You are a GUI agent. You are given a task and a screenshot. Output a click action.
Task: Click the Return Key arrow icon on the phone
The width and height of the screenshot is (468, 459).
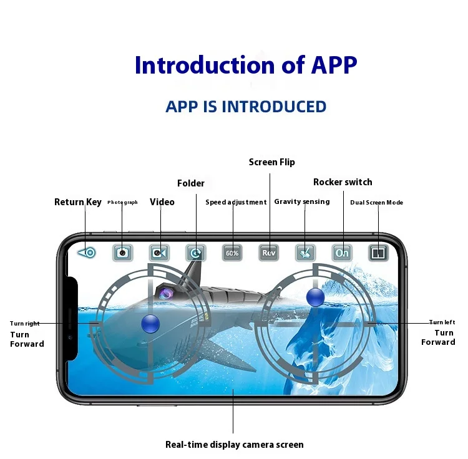pyautogui.click(x=87, y=253)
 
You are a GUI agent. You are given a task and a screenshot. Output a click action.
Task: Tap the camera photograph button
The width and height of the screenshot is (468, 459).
pyautogui.click(x=123, y=253)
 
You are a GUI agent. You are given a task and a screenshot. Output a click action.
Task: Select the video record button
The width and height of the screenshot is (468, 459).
pyautogui.click(x=160, y=253)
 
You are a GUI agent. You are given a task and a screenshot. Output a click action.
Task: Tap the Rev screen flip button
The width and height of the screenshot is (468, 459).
pyautogui.click(x=269, y=253)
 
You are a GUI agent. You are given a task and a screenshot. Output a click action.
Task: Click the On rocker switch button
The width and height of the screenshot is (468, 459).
pyautogui.click(x=342, y=253)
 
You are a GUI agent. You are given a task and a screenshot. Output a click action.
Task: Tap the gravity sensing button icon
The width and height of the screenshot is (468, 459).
pyautogui.click(x=306, y=253)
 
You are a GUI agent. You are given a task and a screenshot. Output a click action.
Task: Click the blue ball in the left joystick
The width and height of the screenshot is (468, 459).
pyautogui.click(x=150, y=323)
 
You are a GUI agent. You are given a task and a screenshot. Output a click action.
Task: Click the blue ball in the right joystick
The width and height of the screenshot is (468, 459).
pyautogui.click(x=316, y=297)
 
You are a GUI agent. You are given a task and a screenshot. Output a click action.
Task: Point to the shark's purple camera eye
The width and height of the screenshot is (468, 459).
pyautogui.click(x=167, y=292)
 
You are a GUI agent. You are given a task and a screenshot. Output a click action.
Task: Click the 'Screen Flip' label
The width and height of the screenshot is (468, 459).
pyautogui.click(x=271, y=162)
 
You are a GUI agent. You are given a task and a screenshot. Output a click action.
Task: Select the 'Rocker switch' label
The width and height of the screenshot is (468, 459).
pyautogui.click(x=343, y=182)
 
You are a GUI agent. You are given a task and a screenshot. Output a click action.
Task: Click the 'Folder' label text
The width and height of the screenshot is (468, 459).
pyautogui.click(x=191, y=183)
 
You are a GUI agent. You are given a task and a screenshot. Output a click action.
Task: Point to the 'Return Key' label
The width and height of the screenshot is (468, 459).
pyautogui.click(x=78, y=202)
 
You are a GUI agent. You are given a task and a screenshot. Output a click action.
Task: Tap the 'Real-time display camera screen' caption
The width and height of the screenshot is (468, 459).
pyautogui.click(x=235, y=445)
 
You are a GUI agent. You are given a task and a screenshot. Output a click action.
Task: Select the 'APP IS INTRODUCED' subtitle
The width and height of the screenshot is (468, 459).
pyautogui.click(x=246, y=107)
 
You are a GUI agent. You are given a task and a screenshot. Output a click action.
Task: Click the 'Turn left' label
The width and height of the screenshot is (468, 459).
pyautogui.click(x=442, y=322)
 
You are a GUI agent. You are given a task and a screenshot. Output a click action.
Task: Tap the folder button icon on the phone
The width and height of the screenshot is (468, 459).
pyautogui.click(x=196, y=253)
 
